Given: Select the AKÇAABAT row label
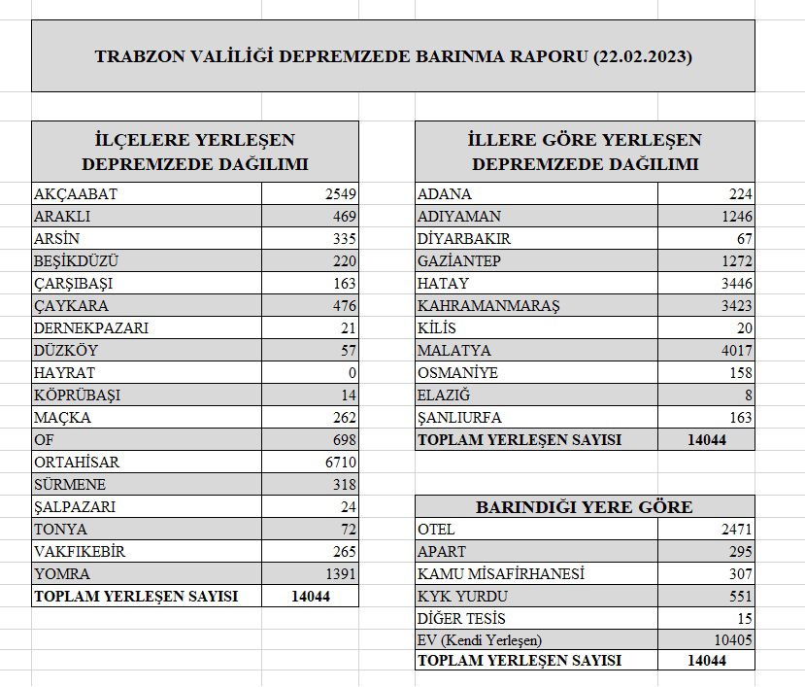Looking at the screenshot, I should (x=76, y=193).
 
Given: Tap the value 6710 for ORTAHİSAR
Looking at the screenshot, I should (x=341, y=462).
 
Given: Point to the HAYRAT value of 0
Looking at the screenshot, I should (x=352, y=372).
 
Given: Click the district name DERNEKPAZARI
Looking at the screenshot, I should (x=91, y=327).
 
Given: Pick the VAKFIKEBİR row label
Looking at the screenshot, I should (x=81, y=551).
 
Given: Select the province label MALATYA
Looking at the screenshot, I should (x=454, y=350).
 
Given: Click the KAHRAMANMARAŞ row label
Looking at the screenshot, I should (x=488, y=305).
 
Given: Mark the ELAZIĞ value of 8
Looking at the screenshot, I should (x=748, y=395).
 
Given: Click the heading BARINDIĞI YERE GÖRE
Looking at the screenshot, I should (x=585, y=506).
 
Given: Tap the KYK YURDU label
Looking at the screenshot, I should (x=462, y=596).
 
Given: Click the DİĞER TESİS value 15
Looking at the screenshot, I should (x=744, y=618).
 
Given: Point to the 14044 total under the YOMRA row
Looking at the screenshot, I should (x=311, y=596).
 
